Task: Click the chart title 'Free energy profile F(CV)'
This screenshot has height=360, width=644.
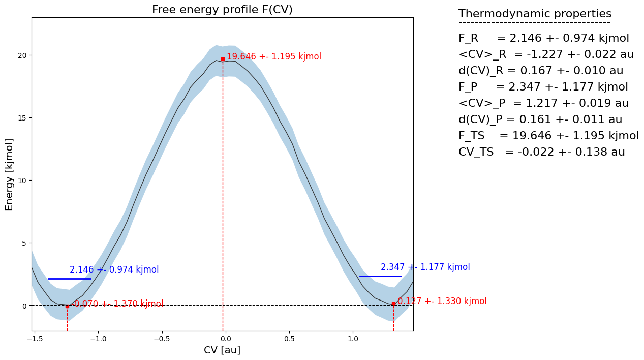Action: (222, 10)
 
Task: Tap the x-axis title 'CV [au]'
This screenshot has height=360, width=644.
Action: (222, 350)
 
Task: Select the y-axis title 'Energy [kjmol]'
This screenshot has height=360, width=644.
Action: (9, 174)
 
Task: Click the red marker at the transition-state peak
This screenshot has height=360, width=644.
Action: (223, 59)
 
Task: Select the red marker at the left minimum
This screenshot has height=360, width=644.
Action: (67, 306)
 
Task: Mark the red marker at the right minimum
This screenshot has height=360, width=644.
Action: (393, 304)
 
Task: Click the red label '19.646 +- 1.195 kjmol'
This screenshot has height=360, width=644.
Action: (274, 56)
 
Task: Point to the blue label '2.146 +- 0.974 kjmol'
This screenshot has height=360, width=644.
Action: (114, 269)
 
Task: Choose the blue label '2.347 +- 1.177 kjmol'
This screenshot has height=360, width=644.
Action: (425, 267)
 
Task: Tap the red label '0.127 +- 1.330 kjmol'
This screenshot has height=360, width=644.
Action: (442, 301)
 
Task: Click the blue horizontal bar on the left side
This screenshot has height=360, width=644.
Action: (69, 279)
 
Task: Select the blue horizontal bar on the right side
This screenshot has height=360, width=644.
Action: (380, 276)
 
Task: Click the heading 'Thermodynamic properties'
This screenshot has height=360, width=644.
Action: (535, 14)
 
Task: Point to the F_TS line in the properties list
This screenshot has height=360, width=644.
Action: (548, 136)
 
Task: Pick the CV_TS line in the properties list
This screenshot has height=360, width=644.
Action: (541, 152)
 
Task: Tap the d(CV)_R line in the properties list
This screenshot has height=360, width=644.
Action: (541, 71)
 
